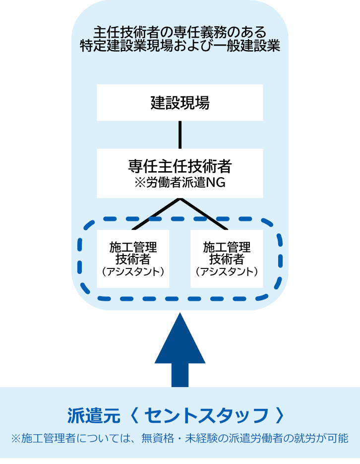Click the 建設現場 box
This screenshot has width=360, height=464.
click(x=180, y=103)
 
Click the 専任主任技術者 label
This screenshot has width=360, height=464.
click(x=180, y=166)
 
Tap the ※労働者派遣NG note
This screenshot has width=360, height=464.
click(x=180, y=183)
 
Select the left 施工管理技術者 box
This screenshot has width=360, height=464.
click(x=133, y=259)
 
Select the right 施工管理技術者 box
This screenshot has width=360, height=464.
click(x=227, y=259)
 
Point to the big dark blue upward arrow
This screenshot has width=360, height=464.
click(x=180, y=350)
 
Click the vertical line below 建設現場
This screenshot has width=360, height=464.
click(x=180, y=134)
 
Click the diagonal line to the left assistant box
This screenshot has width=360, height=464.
click(x=156, y=214)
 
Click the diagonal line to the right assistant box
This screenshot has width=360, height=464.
click(x=204, y=214)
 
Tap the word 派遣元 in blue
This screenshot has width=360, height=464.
click(x=94, y=416)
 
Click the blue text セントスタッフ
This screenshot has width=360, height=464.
click(x=206, y=416)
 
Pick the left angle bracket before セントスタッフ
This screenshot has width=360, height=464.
click(x=134, y=416)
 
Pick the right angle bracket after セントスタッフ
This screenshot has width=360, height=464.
click(x=280, y=416)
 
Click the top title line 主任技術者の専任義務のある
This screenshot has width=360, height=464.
click(x=180, y=32)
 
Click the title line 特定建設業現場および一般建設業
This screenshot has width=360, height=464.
click(x=180, y=46)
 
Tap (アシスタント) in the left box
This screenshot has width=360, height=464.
click(x=133, y=271)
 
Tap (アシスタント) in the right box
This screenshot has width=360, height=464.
click(x=227, y=271)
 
